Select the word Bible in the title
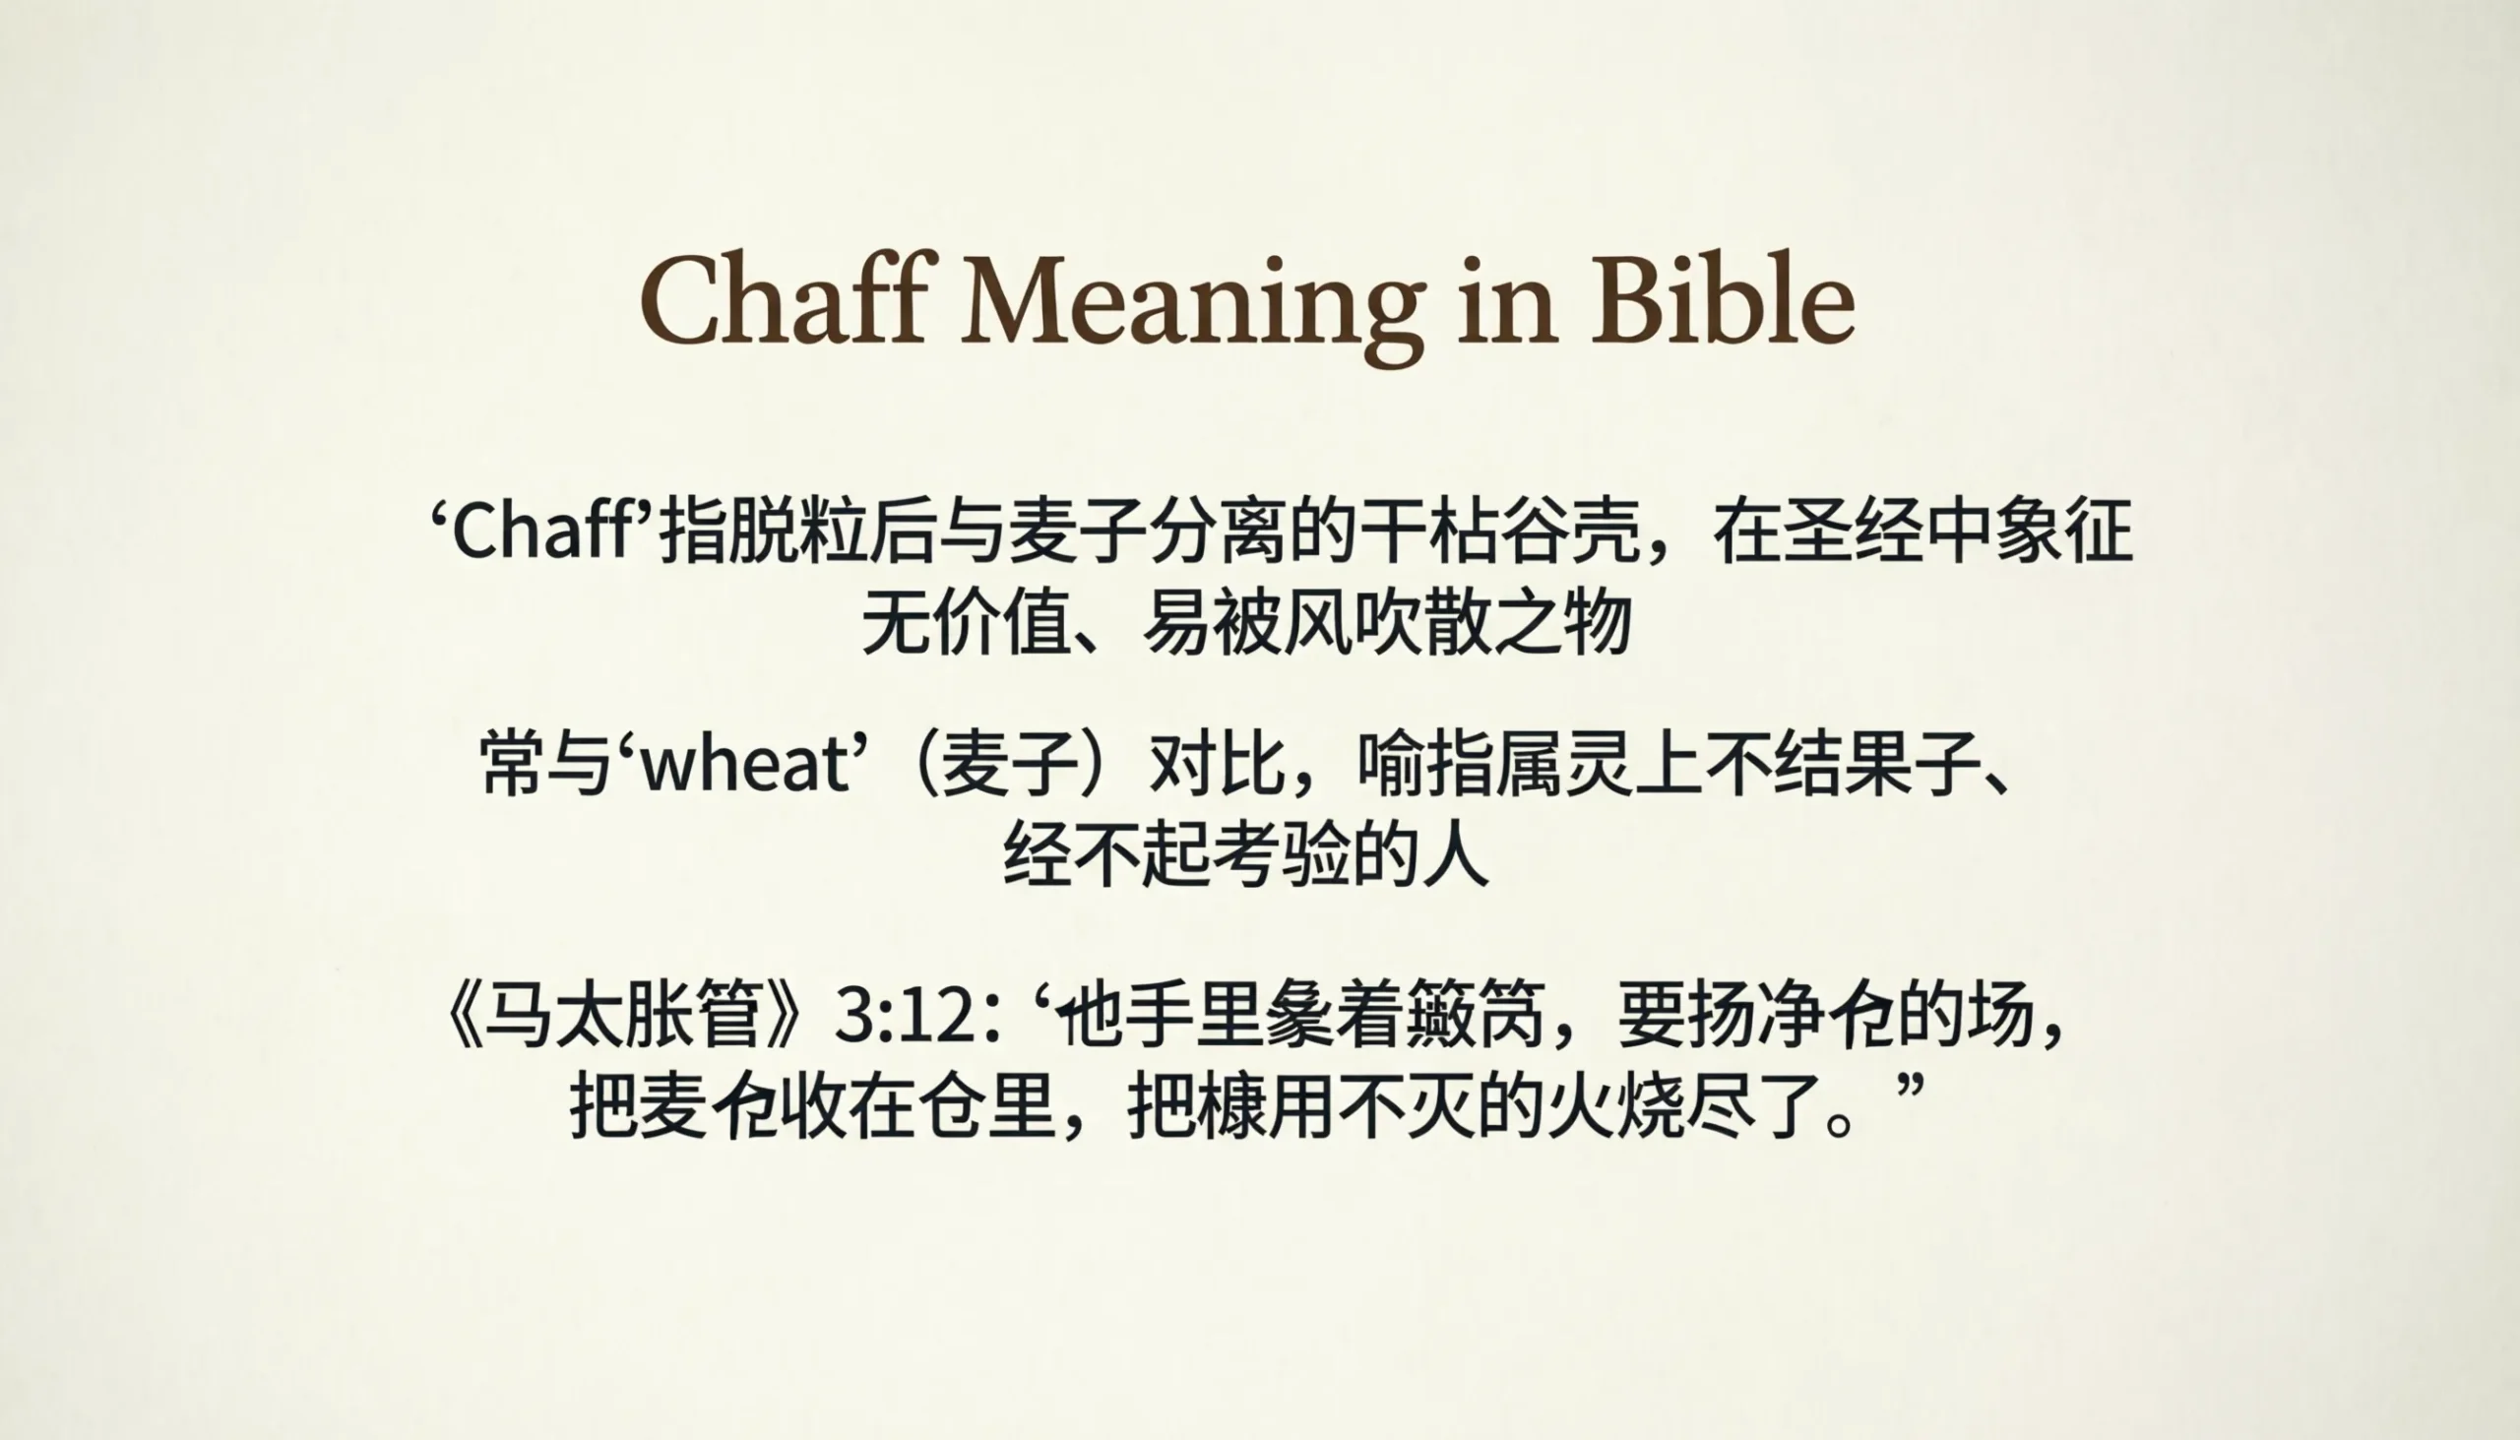point(1722,300)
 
